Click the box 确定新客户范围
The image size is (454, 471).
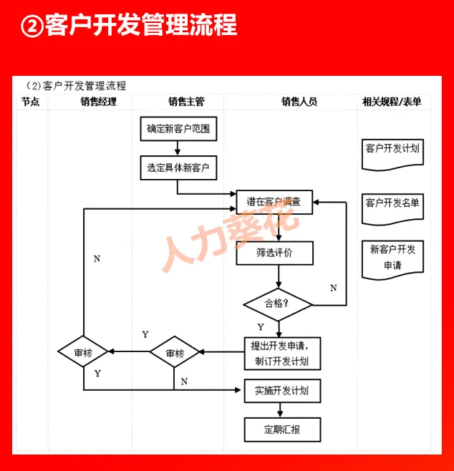click(x=178, y=129)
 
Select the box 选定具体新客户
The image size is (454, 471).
click(x=178, y=167)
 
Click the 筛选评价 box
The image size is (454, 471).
click(x=274, y=253)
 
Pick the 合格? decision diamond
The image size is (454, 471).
click(x=278, y=304)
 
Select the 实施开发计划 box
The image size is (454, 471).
click(x=281, y=391)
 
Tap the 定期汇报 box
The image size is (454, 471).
click(x=281, y=429)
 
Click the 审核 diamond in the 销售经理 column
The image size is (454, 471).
click(x=84, y=353)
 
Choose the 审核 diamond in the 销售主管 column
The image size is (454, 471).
click(x=175, y=353)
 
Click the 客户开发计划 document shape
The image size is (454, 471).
click(x=392, y=150)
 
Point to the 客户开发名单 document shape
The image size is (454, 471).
click(x=392, y=204)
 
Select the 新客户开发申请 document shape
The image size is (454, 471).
click(x=392, y=258)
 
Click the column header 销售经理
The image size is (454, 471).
click(x=98, y=102)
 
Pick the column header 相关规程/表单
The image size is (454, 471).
click(x=392, y=102)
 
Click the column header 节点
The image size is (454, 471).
click(x=30, y=102)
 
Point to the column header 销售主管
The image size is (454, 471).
click(x=186, y=102)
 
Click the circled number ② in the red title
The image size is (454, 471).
click(x=33, y=26)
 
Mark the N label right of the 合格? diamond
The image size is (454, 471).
click(x=333, y=288)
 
